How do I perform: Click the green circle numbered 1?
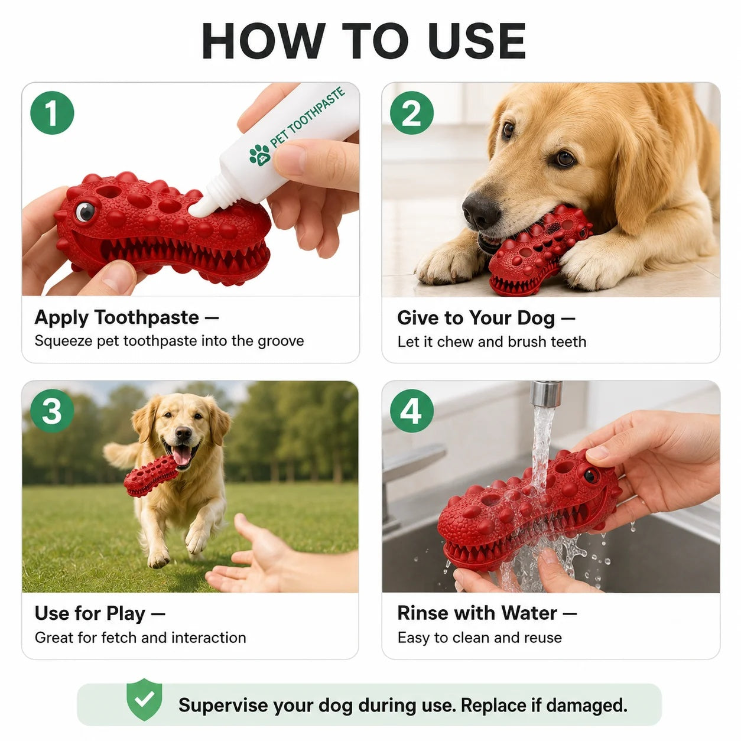tap(52, 113)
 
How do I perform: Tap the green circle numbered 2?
tap(411, 113)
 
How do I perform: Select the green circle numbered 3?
tap(52, 411)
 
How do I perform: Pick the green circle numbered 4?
tap(411, 411)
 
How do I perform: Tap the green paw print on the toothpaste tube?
tap(260, 155)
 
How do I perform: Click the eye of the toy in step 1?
tap(85, 212)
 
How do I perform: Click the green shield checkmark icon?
tap(144, 705)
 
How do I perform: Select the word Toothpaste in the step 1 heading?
tap(147, 318)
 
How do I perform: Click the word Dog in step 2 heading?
tap(535, 318)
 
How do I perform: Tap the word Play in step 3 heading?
tap(125, 614)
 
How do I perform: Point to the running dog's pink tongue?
tap(182, 456)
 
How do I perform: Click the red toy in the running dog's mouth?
tap(150, 474)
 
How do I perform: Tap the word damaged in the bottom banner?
tap(586, 706)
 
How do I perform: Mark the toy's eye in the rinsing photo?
tap(591, 476)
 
